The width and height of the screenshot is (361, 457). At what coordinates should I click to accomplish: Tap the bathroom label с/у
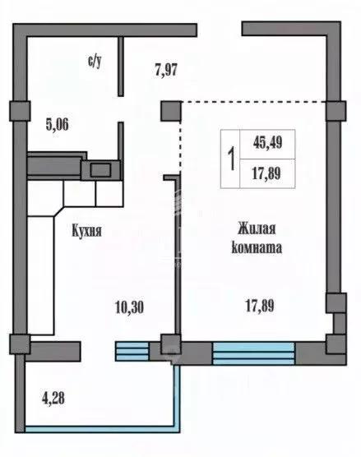point(95,61)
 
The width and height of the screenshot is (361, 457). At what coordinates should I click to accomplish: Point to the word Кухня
point(86,232)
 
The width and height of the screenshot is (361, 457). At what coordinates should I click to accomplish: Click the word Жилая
point(259,228)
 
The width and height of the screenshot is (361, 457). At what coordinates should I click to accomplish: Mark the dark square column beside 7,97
point(170,111)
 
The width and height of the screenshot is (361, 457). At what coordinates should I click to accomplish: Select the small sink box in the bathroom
point(101,170)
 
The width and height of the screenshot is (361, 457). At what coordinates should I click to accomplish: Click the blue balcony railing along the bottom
point(99,427)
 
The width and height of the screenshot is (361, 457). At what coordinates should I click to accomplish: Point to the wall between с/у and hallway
point(120,66)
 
